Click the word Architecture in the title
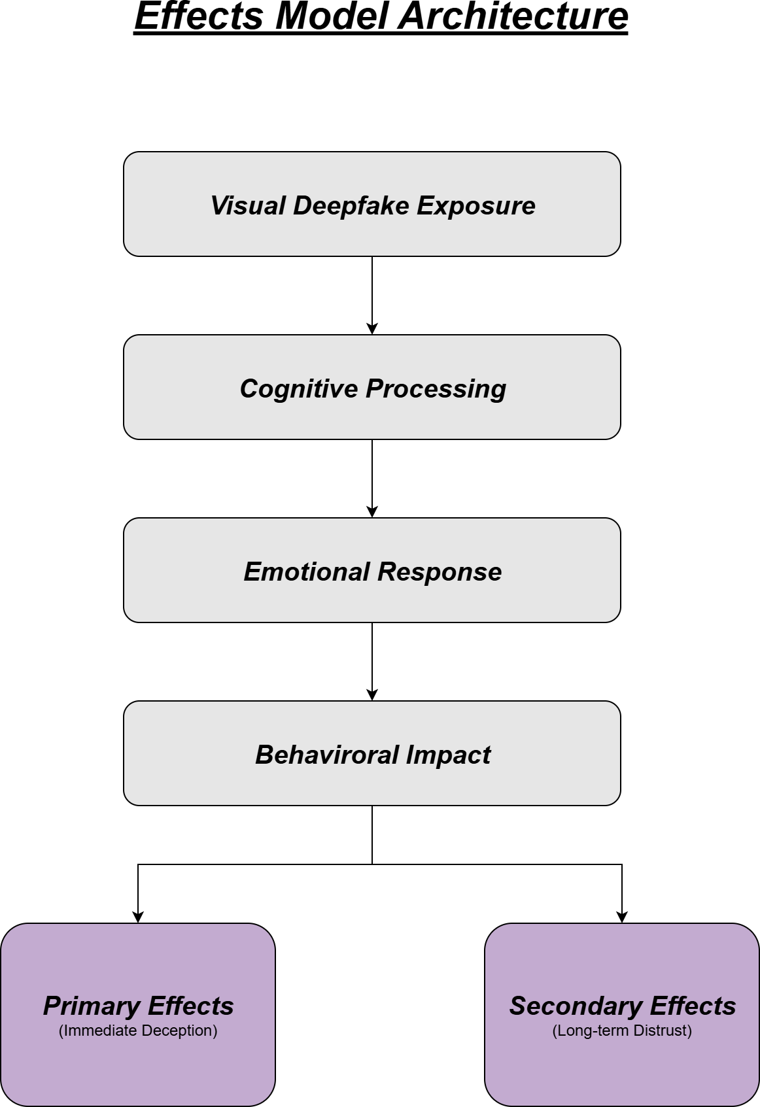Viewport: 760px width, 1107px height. [x=513, y=17]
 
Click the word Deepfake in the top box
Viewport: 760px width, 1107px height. [x=351, y=206]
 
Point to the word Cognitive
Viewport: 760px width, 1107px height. [x=299, y=389]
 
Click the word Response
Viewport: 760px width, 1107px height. [x=440, y=572]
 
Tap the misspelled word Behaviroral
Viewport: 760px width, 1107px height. [x=326, y=755]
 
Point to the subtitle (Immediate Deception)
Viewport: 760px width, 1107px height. [x=138, y=1030]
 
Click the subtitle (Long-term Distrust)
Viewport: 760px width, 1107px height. [x=622, y=1030]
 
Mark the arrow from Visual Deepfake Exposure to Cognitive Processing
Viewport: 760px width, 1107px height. [x=372, y=294]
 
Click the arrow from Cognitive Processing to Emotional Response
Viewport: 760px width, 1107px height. [x=372, y=477]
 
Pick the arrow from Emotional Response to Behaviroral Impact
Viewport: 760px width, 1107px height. [x=372, y=660]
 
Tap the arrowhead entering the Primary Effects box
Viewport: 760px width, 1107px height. [x=138, y=917]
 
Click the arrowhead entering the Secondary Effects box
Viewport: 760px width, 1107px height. [x=622, y=917]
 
